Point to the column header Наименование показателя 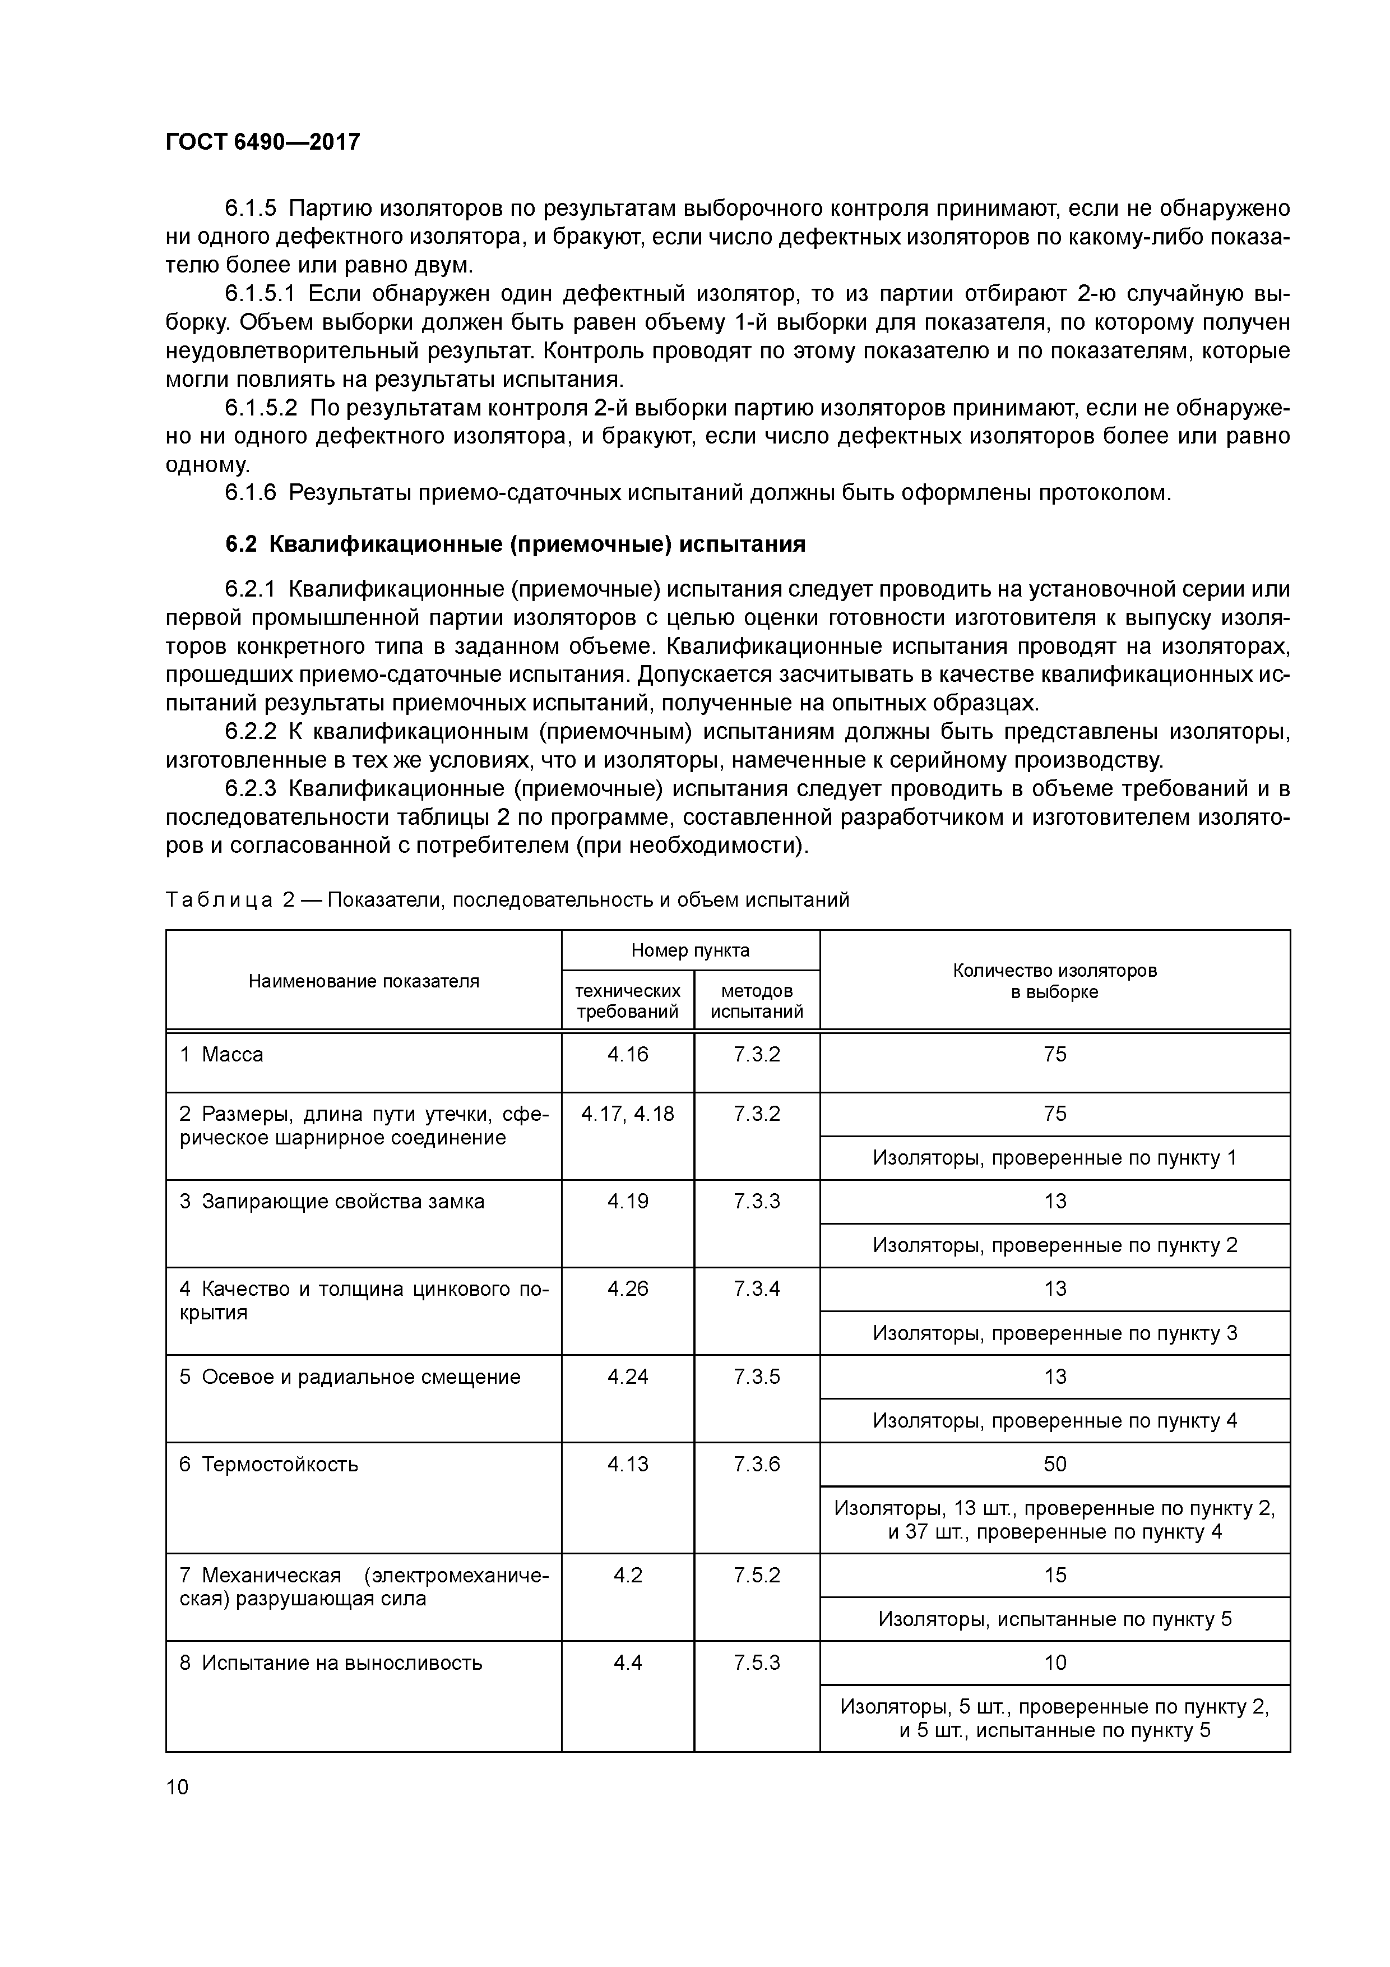(x=363, y=981)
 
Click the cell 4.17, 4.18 (x=627, y=1114)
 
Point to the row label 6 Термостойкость (x=269, y=1464)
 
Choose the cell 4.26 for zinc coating (x=627, y=1289)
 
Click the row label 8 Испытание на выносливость (x=331, y=1663)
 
